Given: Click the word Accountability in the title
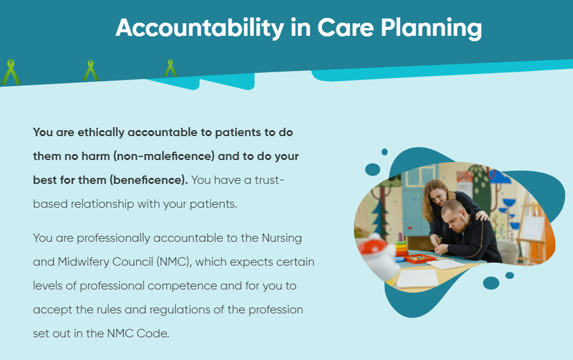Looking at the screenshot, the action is pos(200,28).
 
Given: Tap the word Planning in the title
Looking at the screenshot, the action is pos(431,28).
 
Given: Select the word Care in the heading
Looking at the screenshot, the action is pos(345,27).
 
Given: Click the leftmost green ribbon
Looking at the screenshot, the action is pos(11,72).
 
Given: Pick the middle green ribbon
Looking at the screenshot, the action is pos(90,70).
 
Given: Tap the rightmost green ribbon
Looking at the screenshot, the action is pos(170,68).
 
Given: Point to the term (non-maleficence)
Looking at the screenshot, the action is pos(164,156).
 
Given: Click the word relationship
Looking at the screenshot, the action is pos(102,204).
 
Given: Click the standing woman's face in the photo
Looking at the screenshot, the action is pos(438,196).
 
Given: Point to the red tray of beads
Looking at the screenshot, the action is pos(419,259).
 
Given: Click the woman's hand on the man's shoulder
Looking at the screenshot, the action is pos(482,216).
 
